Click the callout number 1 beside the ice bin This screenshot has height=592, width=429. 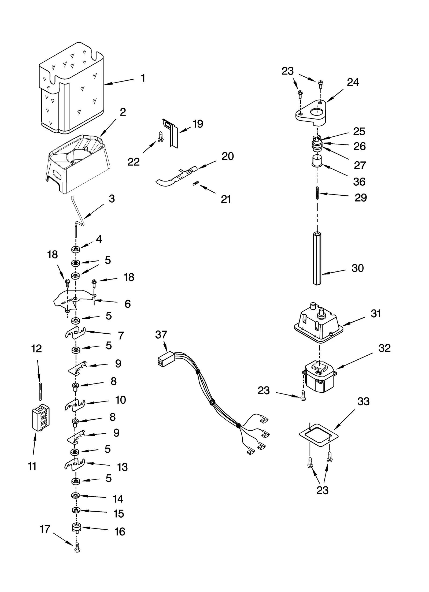(143, 78)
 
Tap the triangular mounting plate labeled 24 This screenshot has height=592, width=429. (311, 113)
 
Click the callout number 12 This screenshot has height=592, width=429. (36, 348)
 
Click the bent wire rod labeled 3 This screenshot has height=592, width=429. (78, 214)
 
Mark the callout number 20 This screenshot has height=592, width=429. (228, 156)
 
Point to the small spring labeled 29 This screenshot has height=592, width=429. (317, 192)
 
